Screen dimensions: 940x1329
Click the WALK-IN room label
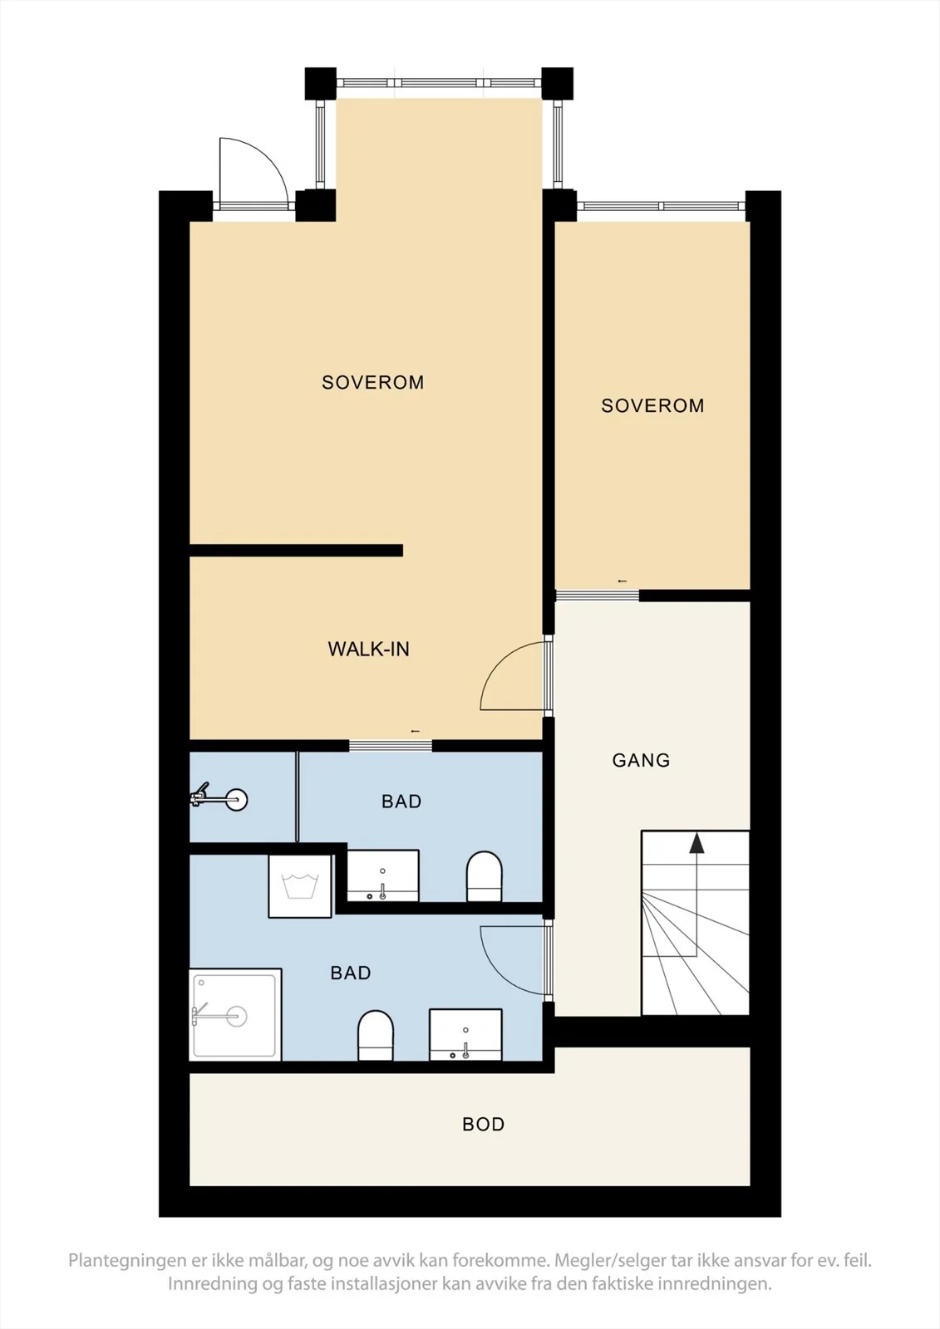(x=368, y=649)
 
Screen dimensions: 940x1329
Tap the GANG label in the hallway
(x=641, y=760)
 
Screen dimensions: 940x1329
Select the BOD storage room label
(x=484, y=1125)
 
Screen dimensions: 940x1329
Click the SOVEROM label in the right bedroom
(x=652, y=406)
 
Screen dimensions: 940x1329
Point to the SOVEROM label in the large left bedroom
(x=373, y=383)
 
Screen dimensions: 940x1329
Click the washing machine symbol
(x=300, y=885)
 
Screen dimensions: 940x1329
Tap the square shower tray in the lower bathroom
(x=235, y=1014)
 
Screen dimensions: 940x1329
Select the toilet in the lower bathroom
(x=376, y=1035)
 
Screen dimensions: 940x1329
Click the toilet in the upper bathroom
(x=484, y=877)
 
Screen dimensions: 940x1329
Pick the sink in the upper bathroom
(x=383, y=875)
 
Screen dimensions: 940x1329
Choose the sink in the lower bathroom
(x=465, y=1035)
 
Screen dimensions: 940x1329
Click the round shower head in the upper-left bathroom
(x=236, y=801)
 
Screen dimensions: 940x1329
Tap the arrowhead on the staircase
(x=696, y=842)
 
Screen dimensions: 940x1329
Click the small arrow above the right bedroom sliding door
(x=623, y=581)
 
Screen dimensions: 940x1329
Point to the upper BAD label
(x=401, y=802)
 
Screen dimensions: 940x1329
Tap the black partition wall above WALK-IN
(x=297, y=551)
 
